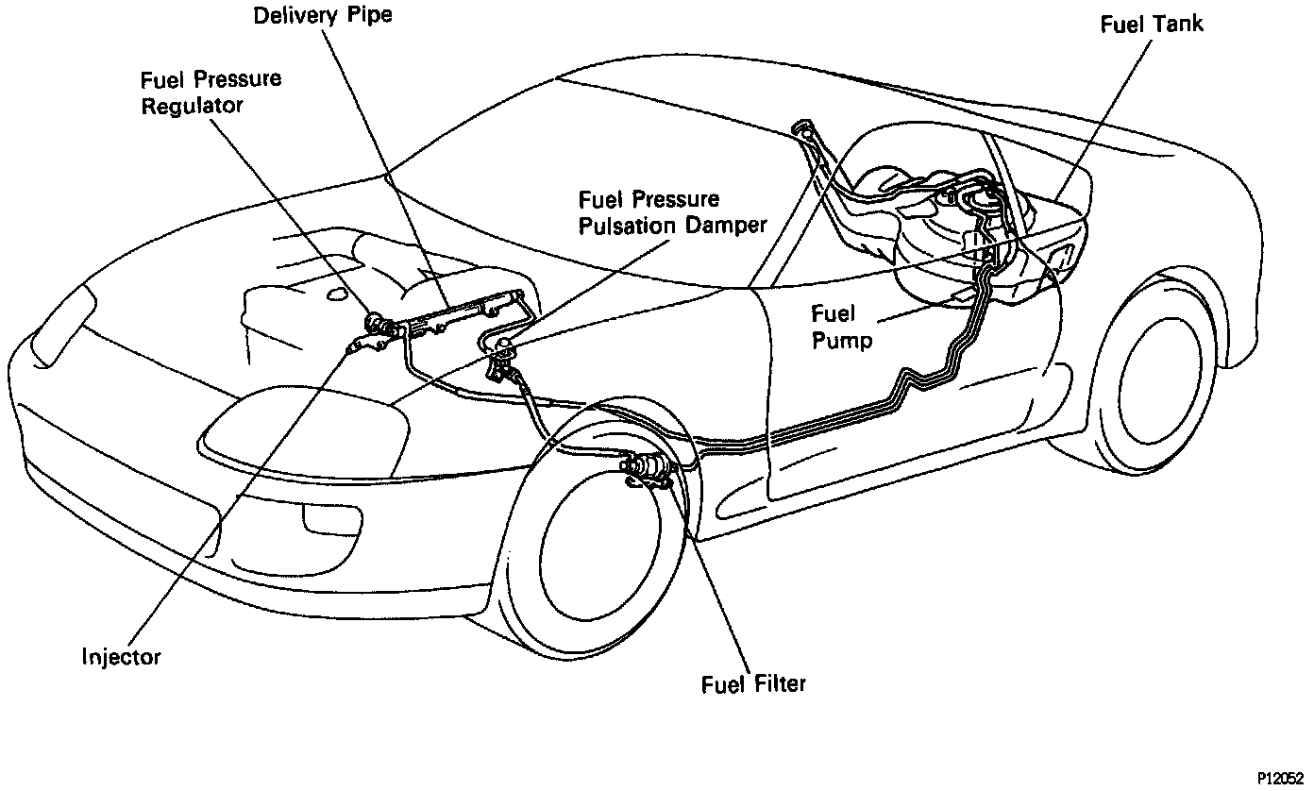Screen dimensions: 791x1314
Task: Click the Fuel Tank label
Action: point(1152,24)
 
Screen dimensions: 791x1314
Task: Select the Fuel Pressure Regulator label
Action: point(211,92)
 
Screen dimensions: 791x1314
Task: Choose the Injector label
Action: point(121,656)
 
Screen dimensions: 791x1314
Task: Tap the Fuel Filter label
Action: point(753,682)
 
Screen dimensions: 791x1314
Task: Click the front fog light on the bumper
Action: point(319,518)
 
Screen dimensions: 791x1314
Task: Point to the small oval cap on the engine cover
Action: point(336,294)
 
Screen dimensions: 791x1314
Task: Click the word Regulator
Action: point(191,105)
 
